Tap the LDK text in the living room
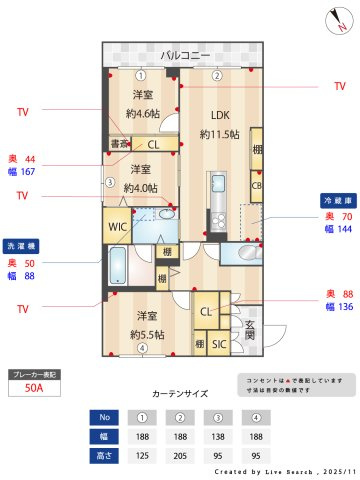tap(219, 114)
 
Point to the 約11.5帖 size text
tap(219, 134)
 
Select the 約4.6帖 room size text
tap(142, 113)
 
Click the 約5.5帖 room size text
tap(142, 335)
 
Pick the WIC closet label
tap(117, 226)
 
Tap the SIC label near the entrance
tap(219, 345)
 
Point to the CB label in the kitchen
tap(257, 185)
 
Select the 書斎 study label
tap(118, 144)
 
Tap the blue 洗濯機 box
tap(21, 245)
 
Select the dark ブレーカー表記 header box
tap(33, 374)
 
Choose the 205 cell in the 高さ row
tap(181, 455)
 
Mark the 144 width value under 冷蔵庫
tap(344, 230)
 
